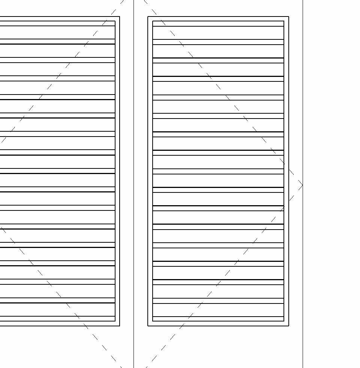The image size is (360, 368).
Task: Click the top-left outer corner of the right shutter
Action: [x=148, y=17]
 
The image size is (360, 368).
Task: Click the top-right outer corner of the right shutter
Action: [x=289, y=17]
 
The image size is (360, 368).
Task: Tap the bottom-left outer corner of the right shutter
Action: [x=148, y=326]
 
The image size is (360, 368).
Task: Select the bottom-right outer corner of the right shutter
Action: [x=289, y=326]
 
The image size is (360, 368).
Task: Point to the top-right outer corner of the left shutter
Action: [x=120, y=17]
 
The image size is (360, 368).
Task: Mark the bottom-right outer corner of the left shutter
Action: [x=120, y=326]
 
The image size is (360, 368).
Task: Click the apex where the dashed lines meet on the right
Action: [x=302, y=185]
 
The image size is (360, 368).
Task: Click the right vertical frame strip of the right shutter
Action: [x=286, y=113]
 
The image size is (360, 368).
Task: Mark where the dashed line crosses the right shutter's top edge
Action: [x=157, y=17]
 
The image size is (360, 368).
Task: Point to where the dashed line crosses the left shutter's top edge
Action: [x=111, y=17]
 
